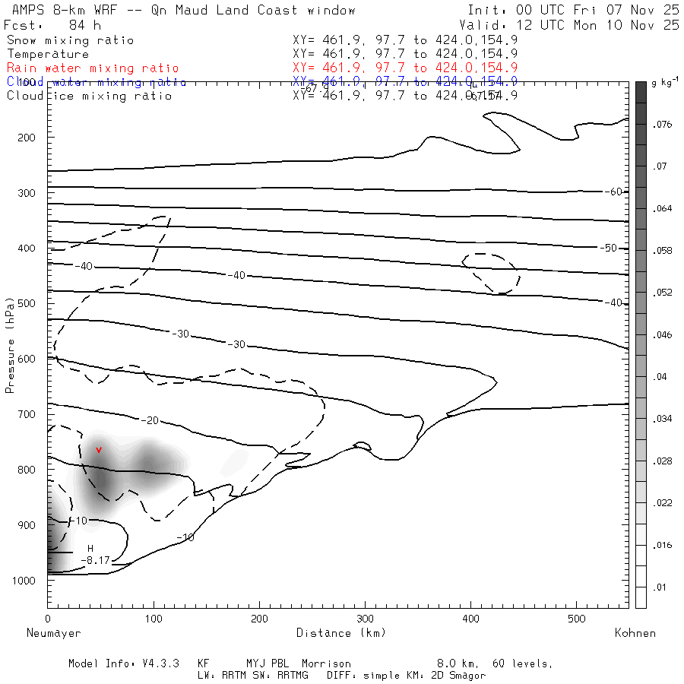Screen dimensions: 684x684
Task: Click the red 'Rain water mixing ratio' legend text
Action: (93, 68)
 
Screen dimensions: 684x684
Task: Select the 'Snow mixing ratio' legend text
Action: (70, 40)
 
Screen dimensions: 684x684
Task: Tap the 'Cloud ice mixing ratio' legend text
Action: (89, 96)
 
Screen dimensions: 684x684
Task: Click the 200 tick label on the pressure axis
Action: (25, 138)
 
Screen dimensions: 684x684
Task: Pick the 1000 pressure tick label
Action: (22, 581)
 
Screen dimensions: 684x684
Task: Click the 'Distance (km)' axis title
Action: (340, 632)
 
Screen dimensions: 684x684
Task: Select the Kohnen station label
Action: (635, 632)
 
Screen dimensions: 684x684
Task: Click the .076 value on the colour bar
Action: (664, 125)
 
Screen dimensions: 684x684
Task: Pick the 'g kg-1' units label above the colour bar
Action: (664, 81)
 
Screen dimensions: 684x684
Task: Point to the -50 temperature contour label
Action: (608, 249)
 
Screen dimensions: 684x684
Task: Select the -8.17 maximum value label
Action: (95, 560)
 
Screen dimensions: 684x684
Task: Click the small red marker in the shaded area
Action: (99, 450)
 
